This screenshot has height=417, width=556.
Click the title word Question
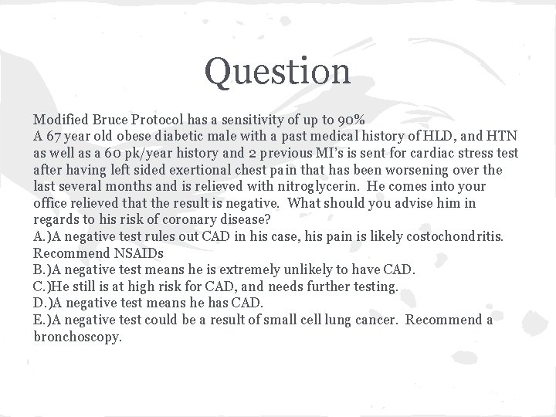(277, 72)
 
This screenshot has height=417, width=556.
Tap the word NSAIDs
(141, 253)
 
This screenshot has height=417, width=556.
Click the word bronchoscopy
(78, 337)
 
